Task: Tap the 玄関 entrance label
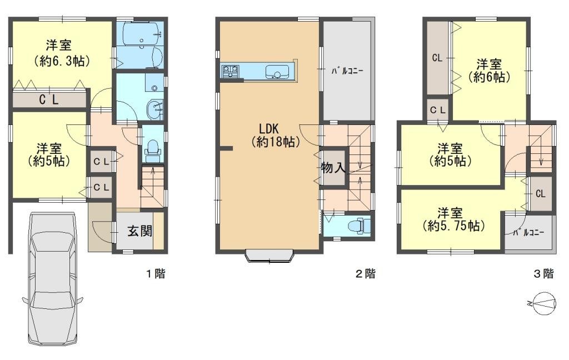coord(139,231)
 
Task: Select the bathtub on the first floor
coord(140,34)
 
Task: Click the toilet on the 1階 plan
coord(152,150)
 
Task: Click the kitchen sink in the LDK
coord(277,72)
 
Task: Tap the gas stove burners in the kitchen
coord(230,71)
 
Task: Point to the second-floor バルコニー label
coord(347,71)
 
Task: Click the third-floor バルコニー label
coord(528,232)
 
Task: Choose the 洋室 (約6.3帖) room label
coord(62,53)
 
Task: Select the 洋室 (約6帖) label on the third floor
coord(489,71)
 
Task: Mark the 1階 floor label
coord(156,273)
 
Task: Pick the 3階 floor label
coord(543,273)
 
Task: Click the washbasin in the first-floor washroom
coord(156,109)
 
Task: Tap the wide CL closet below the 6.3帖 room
coord(49,99)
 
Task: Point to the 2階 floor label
coord(365,273)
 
